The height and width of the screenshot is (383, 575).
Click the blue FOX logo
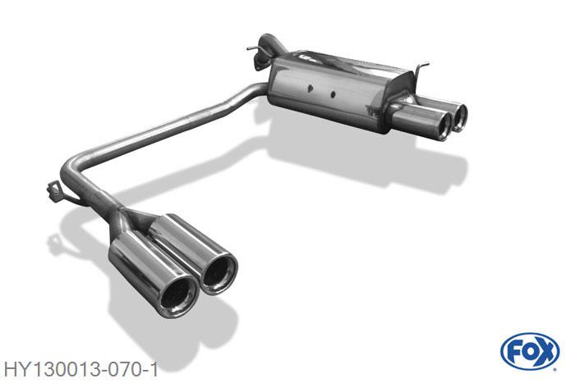530,352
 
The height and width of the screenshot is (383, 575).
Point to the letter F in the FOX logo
514,353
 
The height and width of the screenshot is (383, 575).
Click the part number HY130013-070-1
80,369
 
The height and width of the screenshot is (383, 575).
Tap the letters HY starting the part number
14,369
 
